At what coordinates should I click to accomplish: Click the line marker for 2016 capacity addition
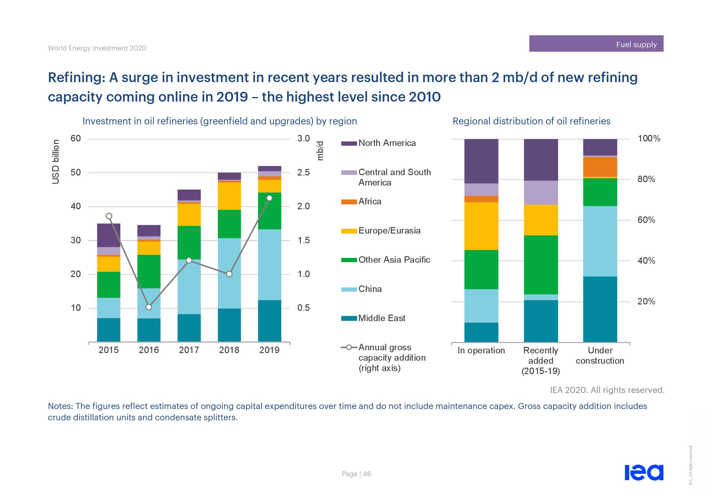(149, 307)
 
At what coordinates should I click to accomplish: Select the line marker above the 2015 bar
(109, 216)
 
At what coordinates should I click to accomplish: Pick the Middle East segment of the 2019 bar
(269, 321)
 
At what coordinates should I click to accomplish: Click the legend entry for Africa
(370, 202)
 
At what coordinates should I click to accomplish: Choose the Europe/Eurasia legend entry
(389, 231)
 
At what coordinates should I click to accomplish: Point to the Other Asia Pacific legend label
(394, 260)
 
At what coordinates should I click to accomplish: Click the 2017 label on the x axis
(189, 350)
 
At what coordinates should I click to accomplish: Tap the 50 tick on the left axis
(75, 172)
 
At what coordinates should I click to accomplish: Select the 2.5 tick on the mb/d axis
(303, 172)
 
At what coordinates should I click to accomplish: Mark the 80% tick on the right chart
(646, 179)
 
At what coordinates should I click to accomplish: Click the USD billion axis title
(55, 161)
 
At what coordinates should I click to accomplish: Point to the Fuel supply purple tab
(596, 44)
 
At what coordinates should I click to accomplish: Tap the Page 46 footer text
(356, 474)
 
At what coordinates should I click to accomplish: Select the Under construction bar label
(600, 355)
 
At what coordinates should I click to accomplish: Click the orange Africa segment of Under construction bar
(600, 167)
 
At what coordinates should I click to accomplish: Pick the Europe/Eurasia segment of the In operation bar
(481, 226)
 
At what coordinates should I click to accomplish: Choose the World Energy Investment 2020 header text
(97, 48)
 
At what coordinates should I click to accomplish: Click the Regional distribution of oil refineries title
(531, 121)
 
